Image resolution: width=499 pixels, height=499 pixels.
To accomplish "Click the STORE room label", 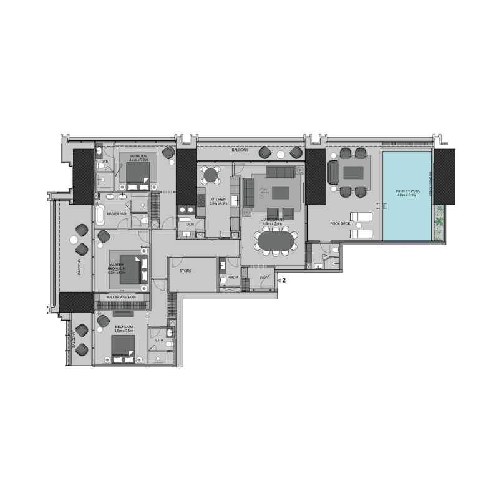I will point(185,271).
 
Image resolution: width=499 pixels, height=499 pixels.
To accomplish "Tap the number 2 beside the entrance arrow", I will point(284,281).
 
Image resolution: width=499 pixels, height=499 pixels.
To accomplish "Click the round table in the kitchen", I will point(212,176).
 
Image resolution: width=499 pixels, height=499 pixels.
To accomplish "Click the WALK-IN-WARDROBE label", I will point(122,298).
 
